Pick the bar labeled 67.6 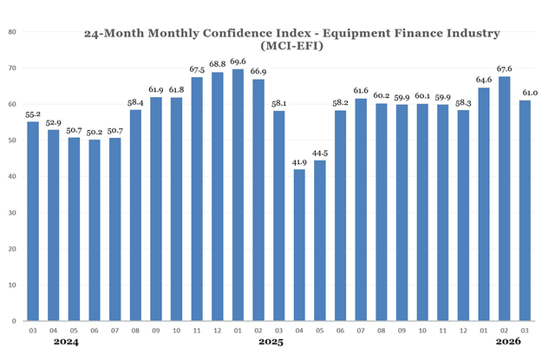coord(505,199)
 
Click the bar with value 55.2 coord(33,221)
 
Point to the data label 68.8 coord(217,64)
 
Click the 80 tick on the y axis coord(13,31)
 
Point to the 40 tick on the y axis coord(13,176)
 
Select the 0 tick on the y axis coord(15,321)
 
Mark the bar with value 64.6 coord(484,205)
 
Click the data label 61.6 coord(361,90)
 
